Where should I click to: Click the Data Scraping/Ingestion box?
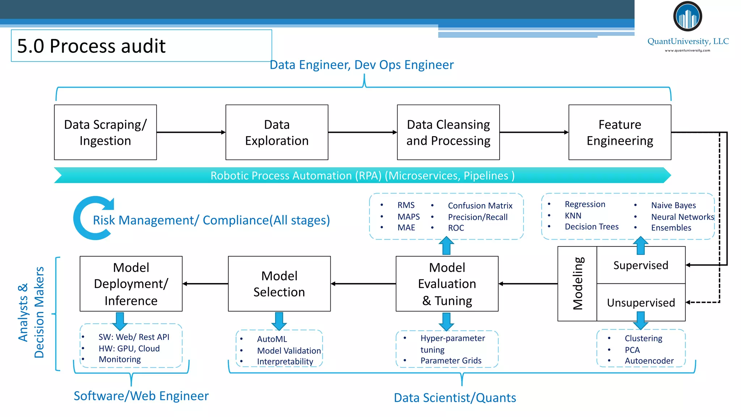point(105,132)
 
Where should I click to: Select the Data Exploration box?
point(277,132)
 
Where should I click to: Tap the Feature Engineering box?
point(620,132)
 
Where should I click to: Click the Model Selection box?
point(279,284)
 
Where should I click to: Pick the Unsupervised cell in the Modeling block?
point(641,303)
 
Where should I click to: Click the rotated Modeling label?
point(577,283)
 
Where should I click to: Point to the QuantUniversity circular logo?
point(687,17)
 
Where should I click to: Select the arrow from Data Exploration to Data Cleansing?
point(362,132)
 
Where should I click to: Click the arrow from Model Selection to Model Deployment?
point(205,284)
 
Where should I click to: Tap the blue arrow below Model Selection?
point(279,321)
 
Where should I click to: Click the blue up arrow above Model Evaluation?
point(446,245)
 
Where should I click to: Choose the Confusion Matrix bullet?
point(480,206)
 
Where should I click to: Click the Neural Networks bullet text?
point(682,217)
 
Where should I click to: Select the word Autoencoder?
point(649,361)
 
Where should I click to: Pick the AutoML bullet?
point(272,339)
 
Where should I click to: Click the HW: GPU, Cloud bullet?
point(129,348)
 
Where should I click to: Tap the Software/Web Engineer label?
point(141,396)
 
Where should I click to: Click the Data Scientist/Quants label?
point(455,398)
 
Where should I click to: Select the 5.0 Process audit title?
point(91,46)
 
